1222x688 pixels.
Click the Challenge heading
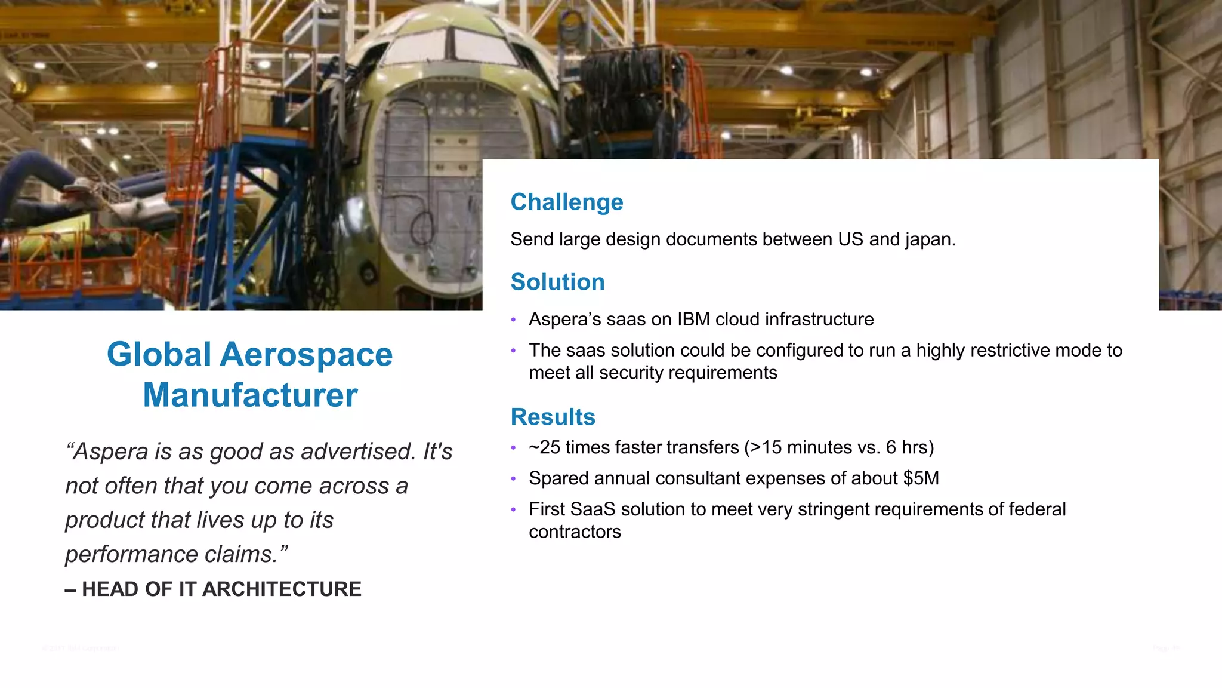[x=566, y=202]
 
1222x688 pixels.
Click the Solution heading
[x=557, y=282]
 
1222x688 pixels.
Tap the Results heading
[x=553, y=417]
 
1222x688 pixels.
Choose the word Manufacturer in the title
[x=250, y=395]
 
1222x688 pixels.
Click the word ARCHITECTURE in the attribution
[x=282, y=589]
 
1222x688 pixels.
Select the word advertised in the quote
[x=357, y=451]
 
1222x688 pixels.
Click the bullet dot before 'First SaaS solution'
[x=513, y=510]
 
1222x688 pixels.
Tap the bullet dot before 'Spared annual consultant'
[x=513, y=479]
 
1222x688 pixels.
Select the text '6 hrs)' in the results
[x=910, y=447]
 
